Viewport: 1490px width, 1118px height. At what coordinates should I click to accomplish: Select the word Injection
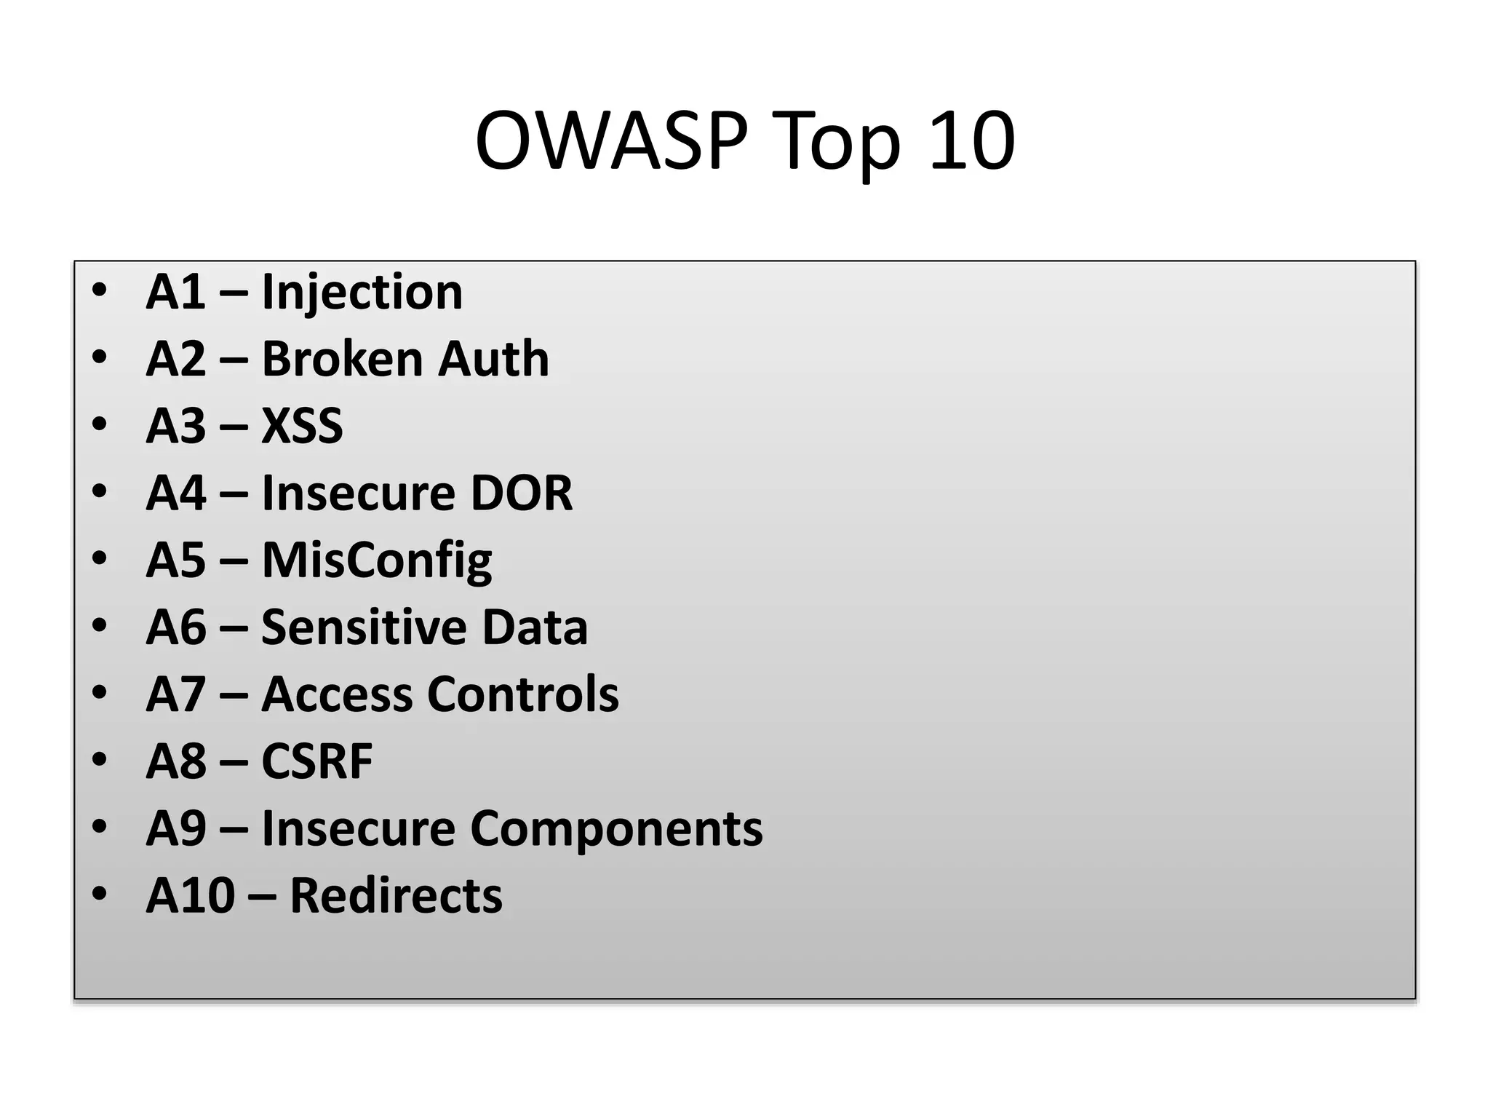(x=362, y=293)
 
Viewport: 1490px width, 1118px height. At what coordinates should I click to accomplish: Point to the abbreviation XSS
(x=302, y=427)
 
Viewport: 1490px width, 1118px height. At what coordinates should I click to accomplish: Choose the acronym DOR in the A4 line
(x=521, y=493)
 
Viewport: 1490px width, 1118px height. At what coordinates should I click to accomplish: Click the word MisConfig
(x=376, y=560)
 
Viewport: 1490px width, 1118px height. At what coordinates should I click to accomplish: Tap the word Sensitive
(x=363, y=627)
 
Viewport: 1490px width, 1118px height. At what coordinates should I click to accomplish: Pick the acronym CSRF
(x=316, y=761)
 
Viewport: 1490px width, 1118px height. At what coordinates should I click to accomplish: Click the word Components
(x=616, y=828)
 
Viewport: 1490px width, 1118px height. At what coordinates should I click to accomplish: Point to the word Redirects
(x=396, y=895)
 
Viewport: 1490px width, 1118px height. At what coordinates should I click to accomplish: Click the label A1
(x=175, y=293)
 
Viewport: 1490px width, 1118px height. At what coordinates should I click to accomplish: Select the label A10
(x=190, y=895)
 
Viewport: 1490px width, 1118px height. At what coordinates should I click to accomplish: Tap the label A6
(x=175, y=627)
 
